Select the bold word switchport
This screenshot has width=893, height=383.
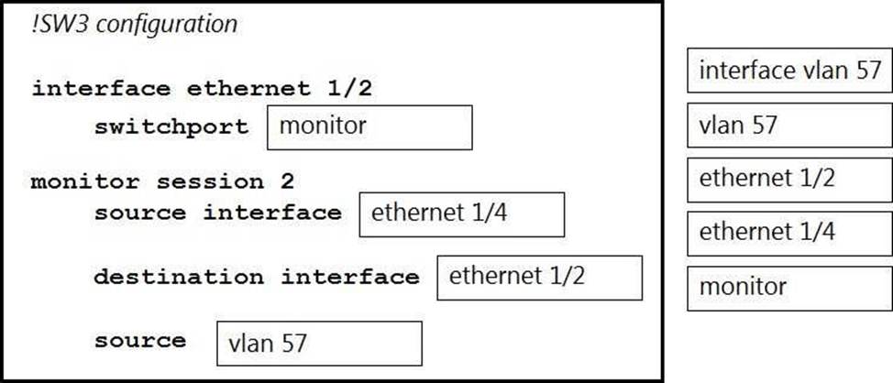click(171, 127)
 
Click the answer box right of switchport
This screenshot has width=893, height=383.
click(369, 127)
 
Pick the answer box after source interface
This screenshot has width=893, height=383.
click(462, 214)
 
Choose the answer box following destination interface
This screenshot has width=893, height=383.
click(539, 278)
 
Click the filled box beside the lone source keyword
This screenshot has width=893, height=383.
click(319, 344)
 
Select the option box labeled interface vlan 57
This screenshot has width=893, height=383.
click(789, 70)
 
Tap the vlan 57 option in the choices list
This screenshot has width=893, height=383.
click(789, 125)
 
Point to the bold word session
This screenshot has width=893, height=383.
click(210, 182)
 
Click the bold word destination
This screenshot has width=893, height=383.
click(179, 277)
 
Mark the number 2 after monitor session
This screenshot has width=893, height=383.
click(287, 182)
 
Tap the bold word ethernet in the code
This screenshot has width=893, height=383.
click(248, 89)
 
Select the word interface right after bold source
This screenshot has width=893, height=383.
click(272, 213)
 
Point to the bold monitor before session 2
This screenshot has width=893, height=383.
click(85, 182)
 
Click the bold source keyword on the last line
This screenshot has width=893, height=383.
click(140, 342)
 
